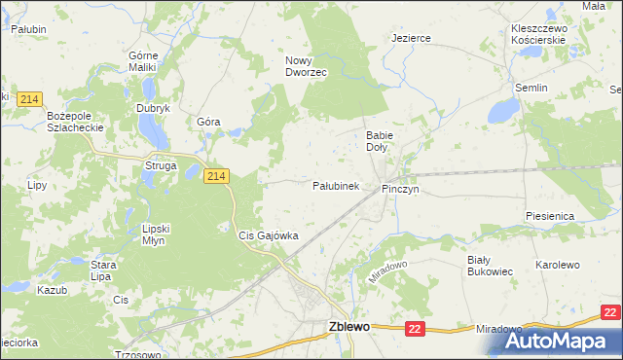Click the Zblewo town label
pyautogui.click(x=349, y=328)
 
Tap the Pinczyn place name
pyautogui.click(x=400, y=189)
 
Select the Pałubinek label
pyautogui.click(x=336, y=185)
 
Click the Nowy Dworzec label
pyautogui.click(x=306, y=66)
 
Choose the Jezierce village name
pyautogui.click(x=411, y=38)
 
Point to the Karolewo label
pyautogui.click(x=558, y=265)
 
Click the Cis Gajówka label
pyautogui.click(x=269, y=235)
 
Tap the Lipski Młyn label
pyautogui.click(x=156, y=234)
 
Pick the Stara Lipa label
pyautogui.click(x=104, y=270)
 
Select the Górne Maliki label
pyautogui.click(x=144, y=61)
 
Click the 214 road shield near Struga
pyautogui.click(x=216, y=175)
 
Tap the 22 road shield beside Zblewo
pyautogui.click(x=416, y=330)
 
